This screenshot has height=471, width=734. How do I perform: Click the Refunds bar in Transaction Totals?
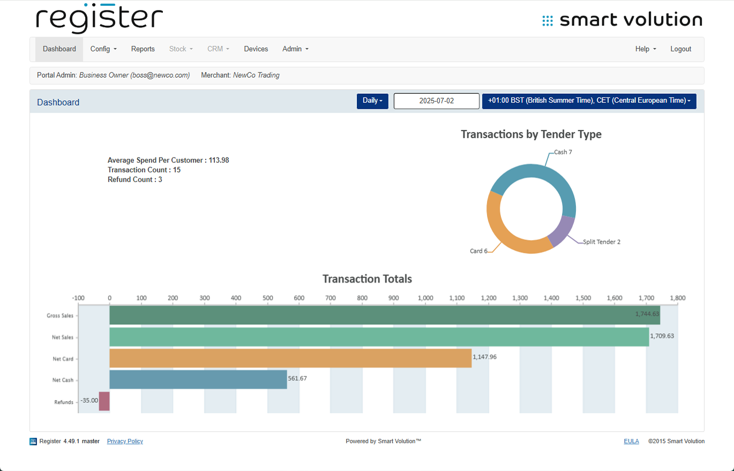click(104, 401)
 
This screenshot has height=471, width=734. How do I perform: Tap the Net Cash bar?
click(198, 379)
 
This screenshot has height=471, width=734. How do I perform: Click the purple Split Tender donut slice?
click(562, 231)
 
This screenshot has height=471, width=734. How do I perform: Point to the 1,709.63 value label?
click(662, 336)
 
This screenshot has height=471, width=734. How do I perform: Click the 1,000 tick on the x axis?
click(425, 298)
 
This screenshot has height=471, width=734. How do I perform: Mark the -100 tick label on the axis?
click(78, 298)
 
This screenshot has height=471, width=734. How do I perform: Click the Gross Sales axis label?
click(60, 316)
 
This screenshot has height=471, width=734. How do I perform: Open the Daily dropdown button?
click(372, 101)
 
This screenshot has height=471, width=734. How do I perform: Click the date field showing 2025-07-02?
click(436, 101)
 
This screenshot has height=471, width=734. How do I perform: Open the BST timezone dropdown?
click(589, 101)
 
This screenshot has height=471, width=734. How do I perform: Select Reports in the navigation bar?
click(143, 49)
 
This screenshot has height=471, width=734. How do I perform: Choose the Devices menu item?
click(256, 49)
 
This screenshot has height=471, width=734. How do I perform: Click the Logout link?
click(680, 49)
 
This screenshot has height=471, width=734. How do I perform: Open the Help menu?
click(646, 49)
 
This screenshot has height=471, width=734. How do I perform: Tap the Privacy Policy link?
click(125, 441)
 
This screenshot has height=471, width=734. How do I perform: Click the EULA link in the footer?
click(631, 441)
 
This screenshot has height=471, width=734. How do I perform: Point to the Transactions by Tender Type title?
click(531, 134)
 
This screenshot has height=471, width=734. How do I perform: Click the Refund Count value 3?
click(160, 180)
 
